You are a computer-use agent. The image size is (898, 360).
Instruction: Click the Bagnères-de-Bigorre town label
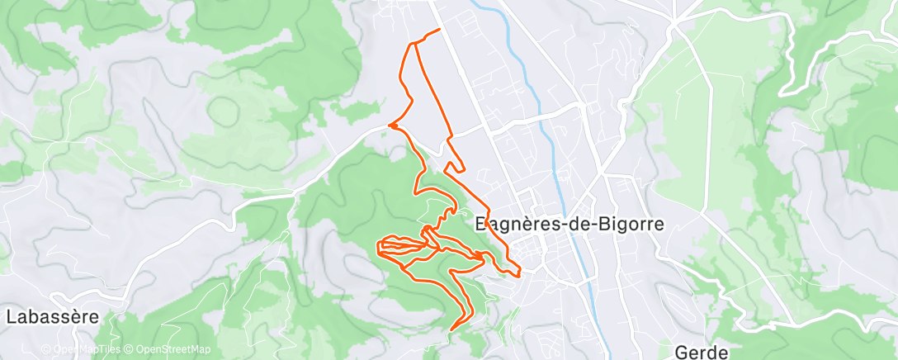pos(570,225)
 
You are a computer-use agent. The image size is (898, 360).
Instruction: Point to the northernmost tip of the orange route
pos(438,30)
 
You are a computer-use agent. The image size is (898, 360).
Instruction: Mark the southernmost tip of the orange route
pos(451,330)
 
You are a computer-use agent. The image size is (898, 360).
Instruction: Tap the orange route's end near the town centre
pos(519,275)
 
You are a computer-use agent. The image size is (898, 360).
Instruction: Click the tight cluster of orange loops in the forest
pos(400,244)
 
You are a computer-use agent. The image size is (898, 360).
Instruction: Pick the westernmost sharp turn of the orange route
pos(378,244)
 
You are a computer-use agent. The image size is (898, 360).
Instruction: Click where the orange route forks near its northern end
pos(412,43)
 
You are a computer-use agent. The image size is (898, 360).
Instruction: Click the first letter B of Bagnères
pos(483,225)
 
